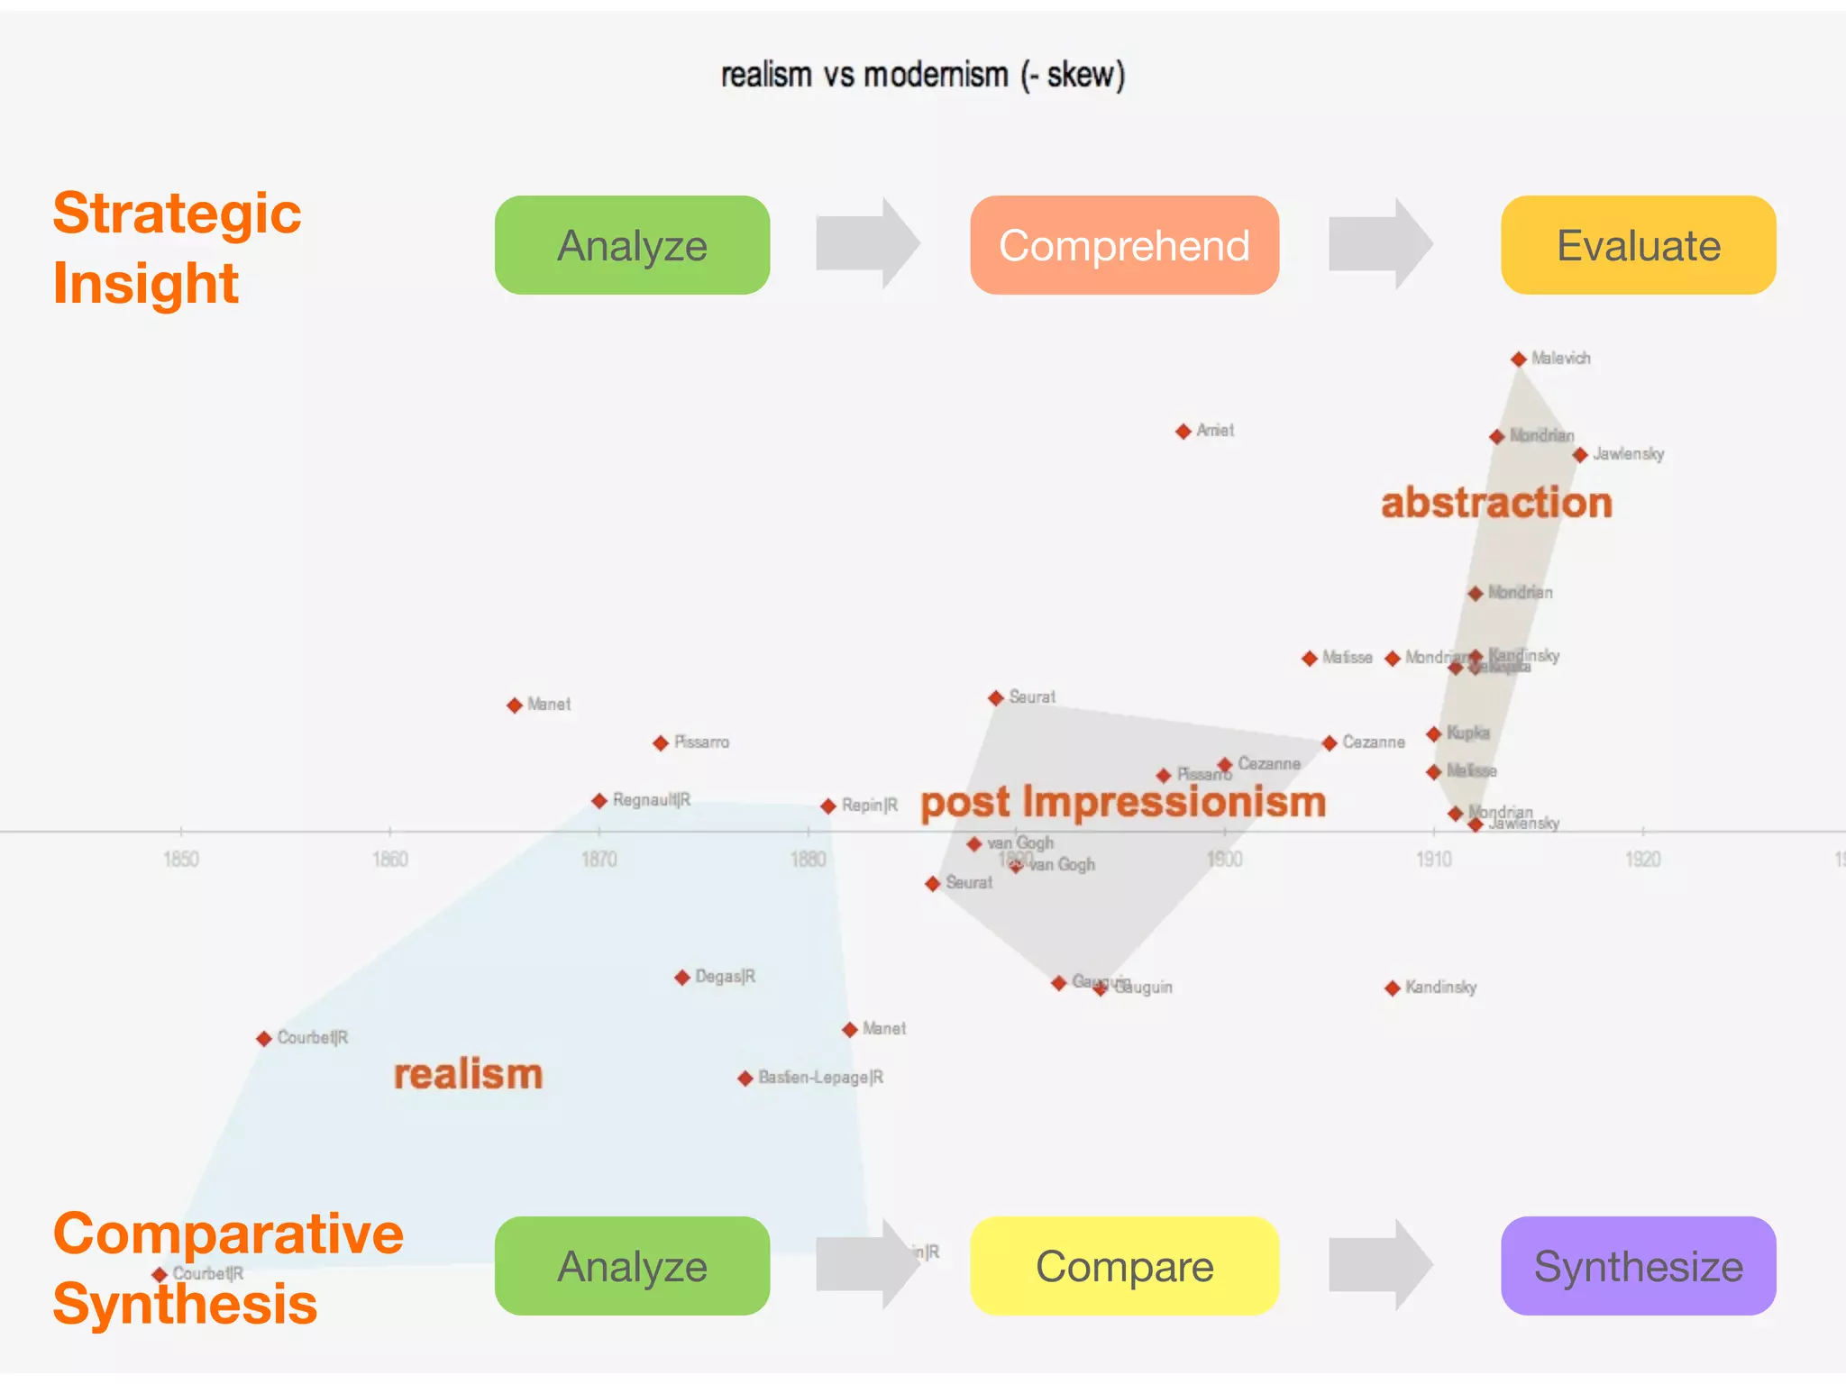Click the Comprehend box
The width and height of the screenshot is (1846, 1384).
point(1124,245)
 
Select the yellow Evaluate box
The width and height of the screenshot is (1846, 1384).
point(1638,245)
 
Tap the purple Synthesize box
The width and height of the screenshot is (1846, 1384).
point(1638,1266)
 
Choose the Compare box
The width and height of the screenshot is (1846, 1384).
point(1124,1266)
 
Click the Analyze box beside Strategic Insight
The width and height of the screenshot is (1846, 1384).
point(632,245)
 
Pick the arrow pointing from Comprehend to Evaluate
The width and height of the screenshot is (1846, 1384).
point(1380,243)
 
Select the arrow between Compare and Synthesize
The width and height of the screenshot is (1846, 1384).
point(1380,1264)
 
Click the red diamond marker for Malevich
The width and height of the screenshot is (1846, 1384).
point(1519,360)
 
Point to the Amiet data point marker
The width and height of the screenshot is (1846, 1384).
point(1183,432)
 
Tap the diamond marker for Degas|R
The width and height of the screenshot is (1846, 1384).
point(682,978)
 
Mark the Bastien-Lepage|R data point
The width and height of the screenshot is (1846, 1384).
point(745,1079)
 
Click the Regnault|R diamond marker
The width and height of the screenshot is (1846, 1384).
point(599,801)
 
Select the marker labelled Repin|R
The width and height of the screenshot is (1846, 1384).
point(828,806)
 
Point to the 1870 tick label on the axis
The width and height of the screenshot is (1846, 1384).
point(599,859)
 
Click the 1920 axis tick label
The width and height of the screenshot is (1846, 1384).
point(1642,859)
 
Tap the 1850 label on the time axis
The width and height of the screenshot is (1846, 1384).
point(181,859)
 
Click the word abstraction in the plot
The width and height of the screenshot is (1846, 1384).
point(1496,503)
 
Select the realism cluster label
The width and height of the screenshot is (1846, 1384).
point(468,1074)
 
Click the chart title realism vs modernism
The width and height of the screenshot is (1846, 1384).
point(922,75)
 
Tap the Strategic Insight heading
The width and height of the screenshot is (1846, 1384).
point(177,248)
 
